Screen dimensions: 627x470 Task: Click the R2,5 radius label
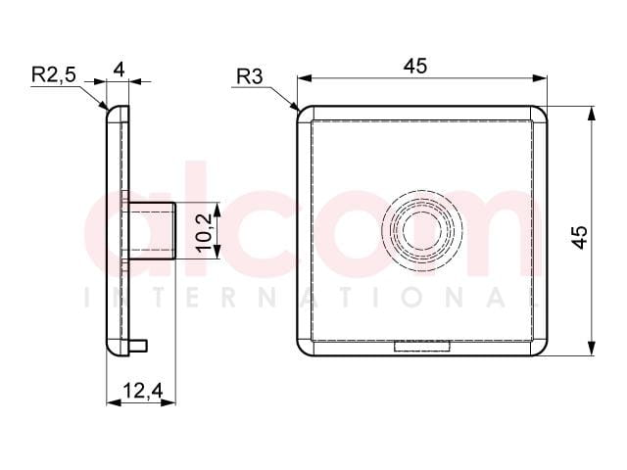[54, 74]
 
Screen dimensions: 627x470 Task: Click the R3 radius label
[250, 76]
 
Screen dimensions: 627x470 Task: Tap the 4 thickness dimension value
[119, 70]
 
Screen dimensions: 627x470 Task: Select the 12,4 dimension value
[143, 391]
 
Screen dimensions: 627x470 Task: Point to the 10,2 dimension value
[204, 232]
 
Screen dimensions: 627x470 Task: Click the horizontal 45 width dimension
[415, 66]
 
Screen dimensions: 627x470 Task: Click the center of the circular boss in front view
[422, 230]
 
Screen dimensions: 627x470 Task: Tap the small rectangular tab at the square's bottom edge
[422, 346]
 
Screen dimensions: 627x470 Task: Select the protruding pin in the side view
[152, 231]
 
